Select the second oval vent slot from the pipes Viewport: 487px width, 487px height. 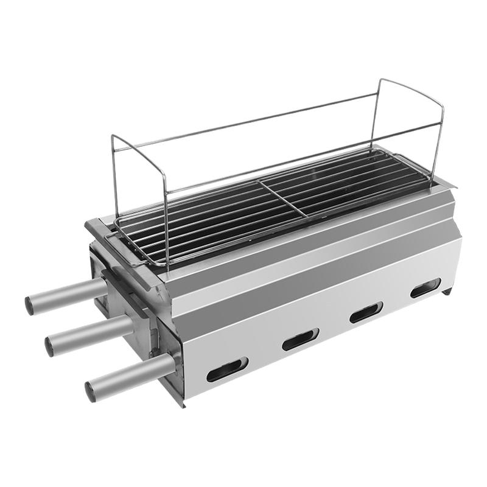pos(300,339)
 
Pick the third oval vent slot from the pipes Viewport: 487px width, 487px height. pos(365,312)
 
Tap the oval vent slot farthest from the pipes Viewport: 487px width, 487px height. pos(425,288)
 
